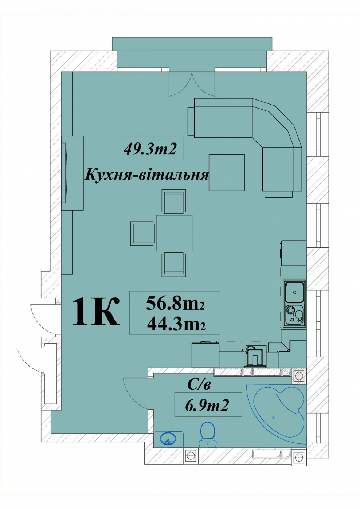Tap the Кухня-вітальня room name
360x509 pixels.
146,175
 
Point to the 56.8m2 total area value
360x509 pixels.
175,304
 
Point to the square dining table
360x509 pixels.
174,233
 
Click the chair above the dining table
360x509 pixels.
174,201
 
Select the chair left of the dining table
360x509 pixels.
142,233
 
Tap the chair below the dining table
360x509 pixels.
174,265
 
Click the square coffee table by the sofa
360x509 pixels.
227,172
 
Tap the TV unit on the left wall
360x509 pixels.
72,173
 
